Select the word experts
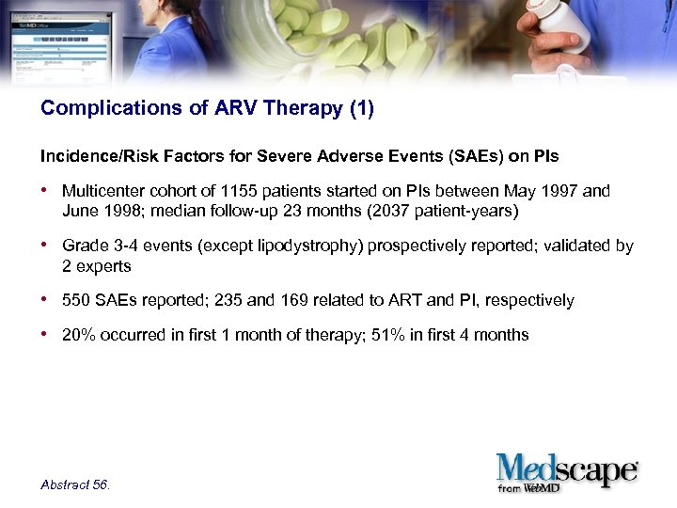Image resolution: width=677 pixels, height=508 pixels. pyautogui.click(x=103, y=266)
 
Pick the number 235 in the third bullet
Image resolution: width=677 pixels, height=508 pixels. pyautogui.click(x=228, y=301)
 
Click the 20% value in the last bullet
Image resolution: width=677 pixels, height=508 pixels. pyautogui.click(x=79, y=335)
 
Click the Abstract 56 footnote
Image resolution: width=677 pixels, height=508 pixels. pyautogui.click(x=75, y=484)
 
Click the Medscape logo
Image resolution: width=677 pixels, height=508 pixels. pyautogui.click(x=567, y=468)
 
